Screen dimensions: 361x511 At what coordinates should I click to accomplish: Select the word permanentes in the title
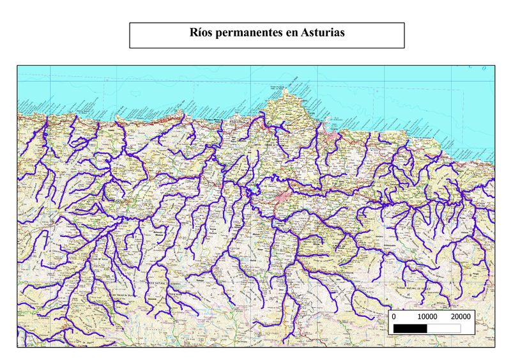click(x=249, y=33)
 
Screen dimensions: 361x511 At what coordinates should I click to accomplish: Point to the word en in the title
click(x=291, y=33)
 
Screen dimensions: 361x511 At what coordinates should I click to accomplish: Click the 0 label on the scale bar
click(x=393, y=316)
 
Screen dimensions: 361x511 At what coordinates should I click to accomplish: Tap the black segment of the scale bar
click(x=410, y=328)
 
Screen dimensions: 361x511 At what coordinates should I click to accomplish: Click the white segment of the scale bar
click(x=443, y=328)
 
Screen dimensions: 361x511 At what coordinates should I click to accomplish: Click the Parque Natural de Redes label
click(x=418, y=288)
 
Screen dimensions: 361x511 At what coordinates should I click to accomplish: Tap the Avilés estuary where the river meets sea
click(x=261, y=115)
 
